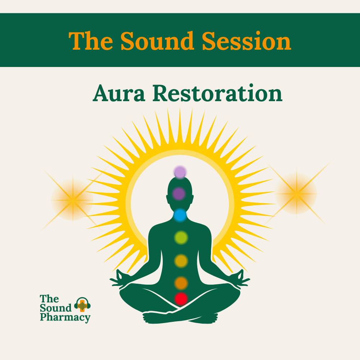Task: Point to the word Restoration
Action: pyautogui.click(x=217, y=93)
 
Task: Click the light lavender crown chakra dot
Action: pyautogui.click(x=180, y=172)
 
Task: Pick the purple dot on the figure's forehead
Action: pyautogui.click(x=179, y=194)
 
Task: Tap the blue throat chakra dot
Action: pyautogui.click(x=180, y=215)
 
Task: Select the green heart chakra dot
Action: pyautogui.click(x=181, y=237)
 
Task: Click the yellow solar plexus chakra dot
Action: pyautogui.click(x=181, y=261)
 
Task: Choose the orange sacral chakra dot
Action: pyautogui.click(x=181, y=283)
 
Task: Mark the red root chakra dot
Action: pyautogui.click(x=181, y=299)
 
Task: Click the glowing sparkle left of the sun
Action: pyautogui.click(x=73, y=200)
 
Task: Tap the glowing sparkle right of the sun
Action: pyautogui.click(x=297, y=194)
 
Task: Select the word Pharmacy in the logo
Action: pyautogui.click(x=65, y=318)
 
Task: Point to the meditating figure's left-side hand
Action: pyautogui.click(x=120, y=279)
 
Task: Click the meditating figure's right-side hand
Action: pyautogui.click(x=240, y=279)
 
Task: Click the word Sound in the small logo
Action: pyautogui.click(x=55, y=308)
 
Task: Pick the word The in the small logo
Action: pyautogui.click(x=49, y=299)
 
